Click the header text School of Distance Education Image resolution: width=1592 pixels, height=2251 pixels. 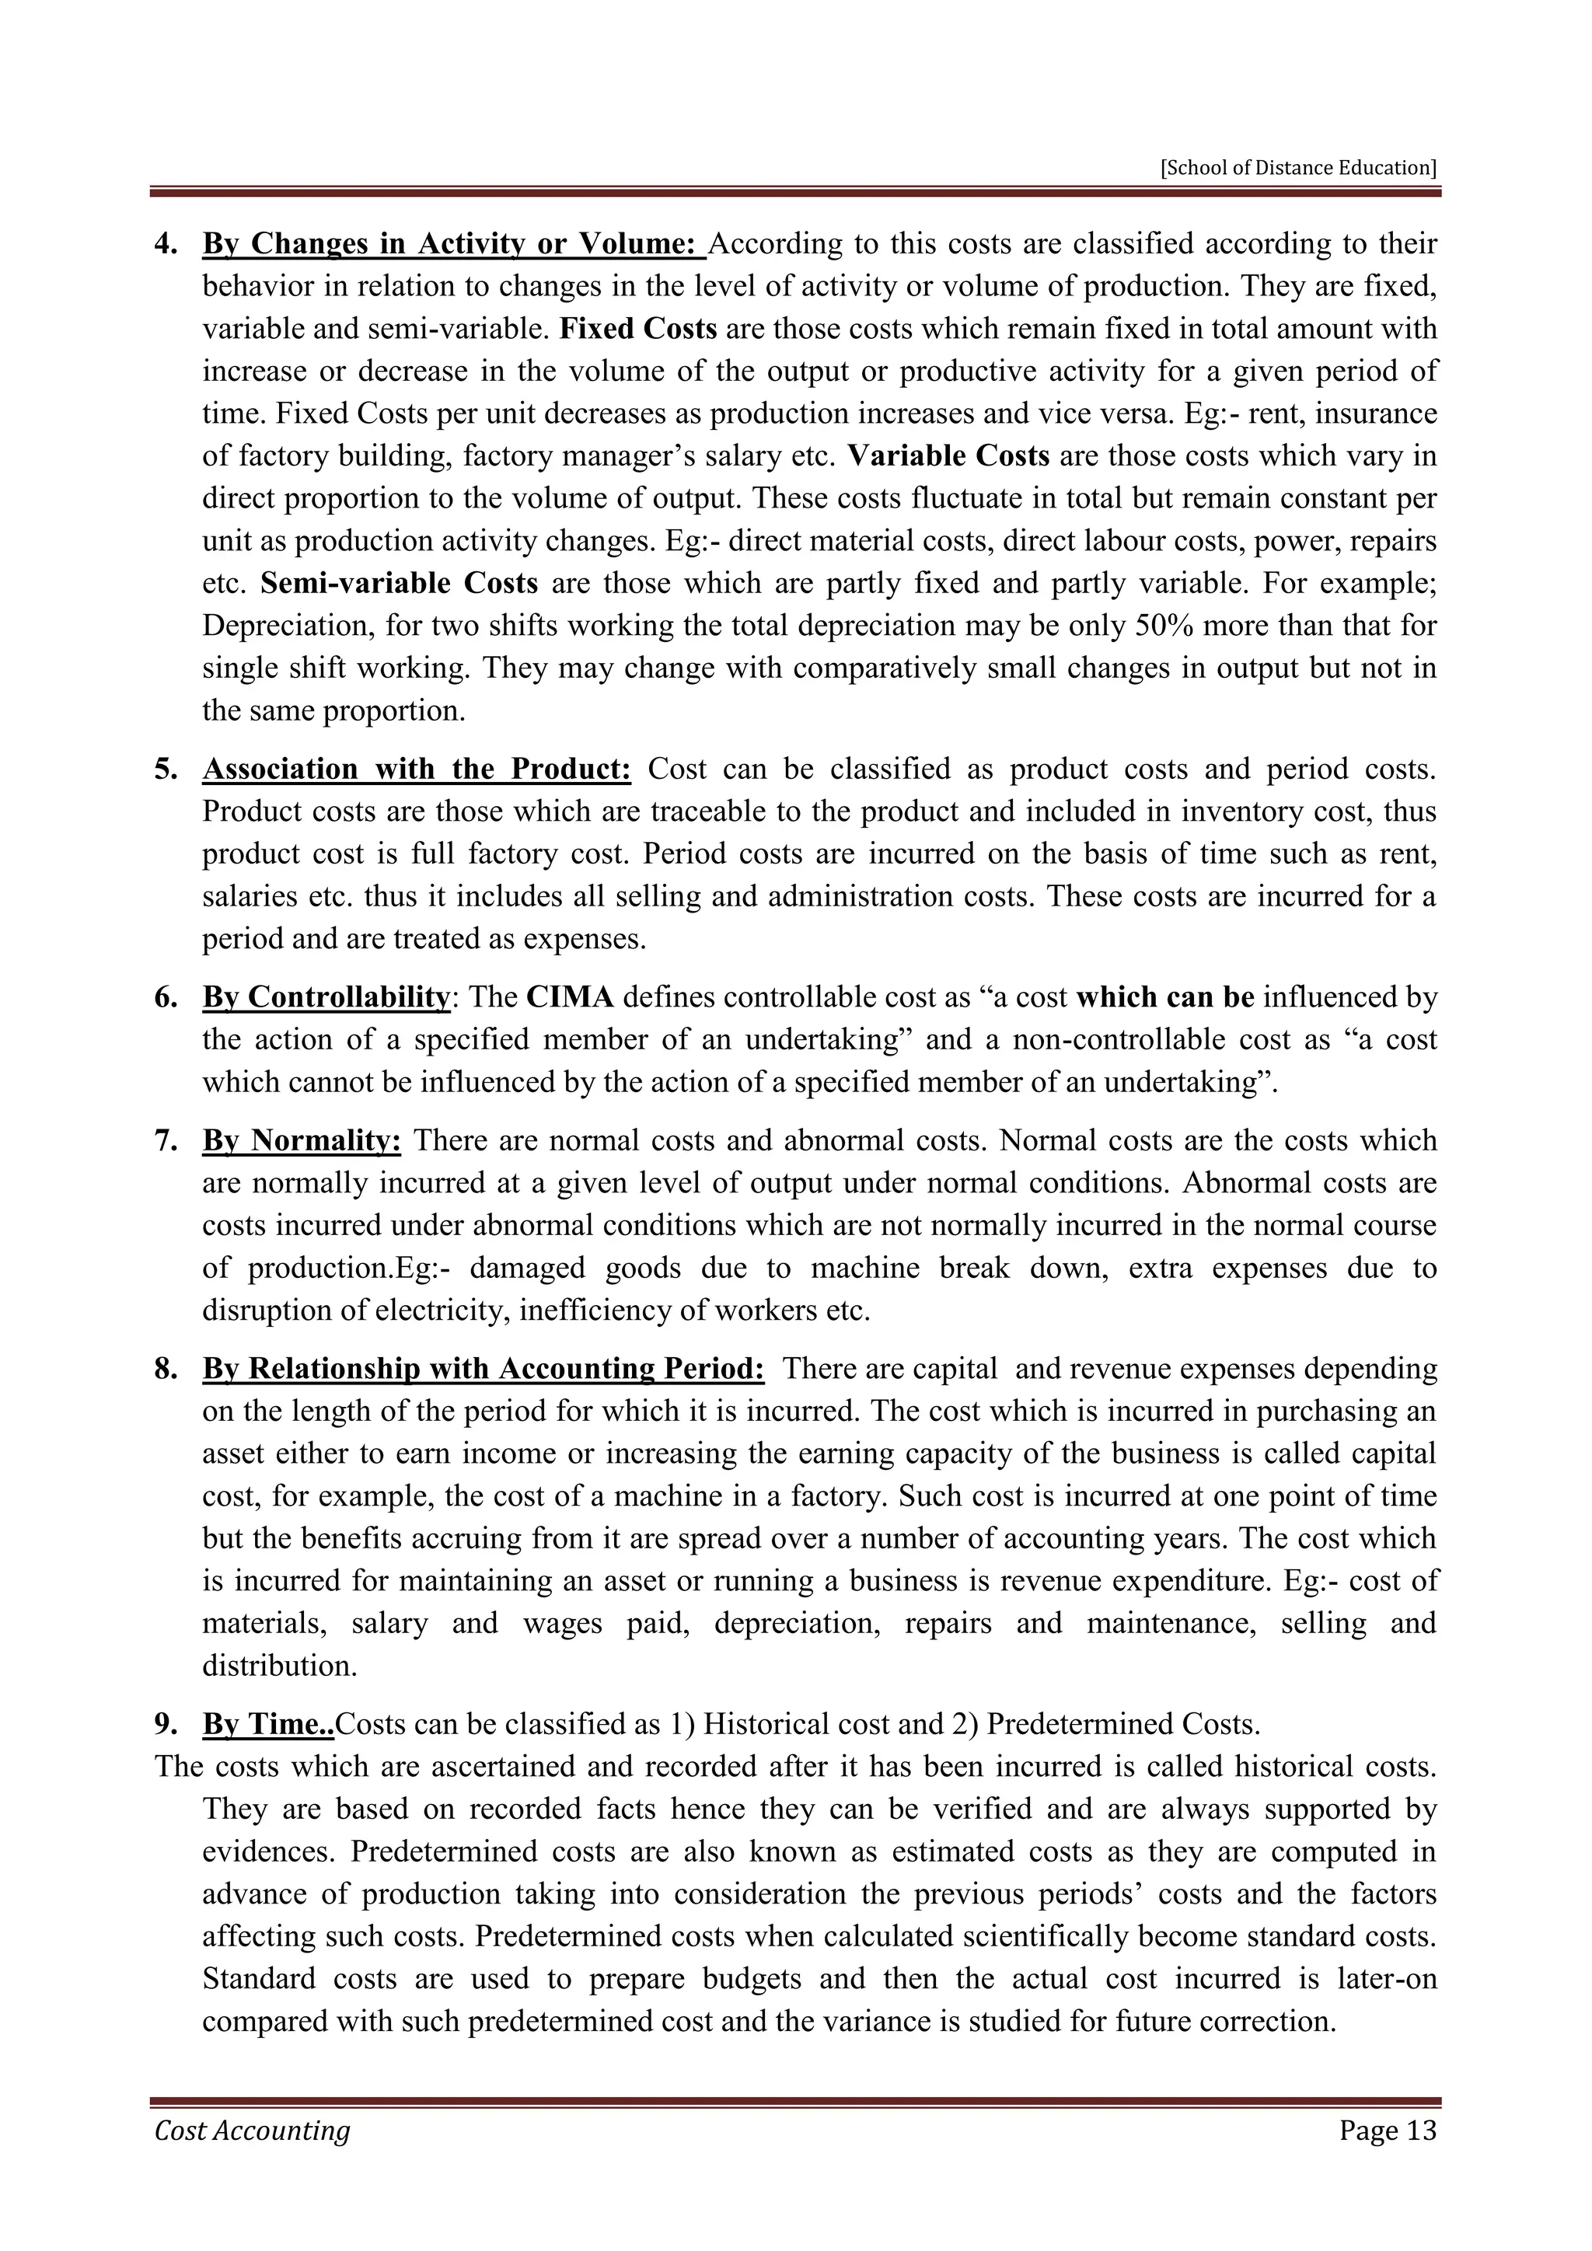coord(1298,168)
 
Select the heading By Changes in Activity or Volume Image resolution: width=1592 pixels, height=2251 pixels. coord(453,243)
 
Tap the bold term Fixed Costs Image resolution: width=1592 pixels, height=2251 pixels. coord(638,329)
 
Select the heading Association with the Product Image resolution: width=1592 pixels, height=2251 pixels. coord(417,769)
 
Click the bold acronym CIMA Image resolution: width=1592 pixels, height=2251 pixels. coord(570,997)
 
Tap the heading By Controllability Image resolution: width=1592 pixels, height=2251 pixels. coord(326,997)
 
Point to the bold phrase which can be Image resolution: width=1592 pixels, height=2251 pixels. coord(1164,997)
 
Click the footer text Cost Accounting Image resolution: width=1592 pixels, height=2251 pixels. coord(252,2158)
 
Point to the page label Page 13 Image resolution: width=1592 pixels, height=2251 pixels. coord(1387,2158)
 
